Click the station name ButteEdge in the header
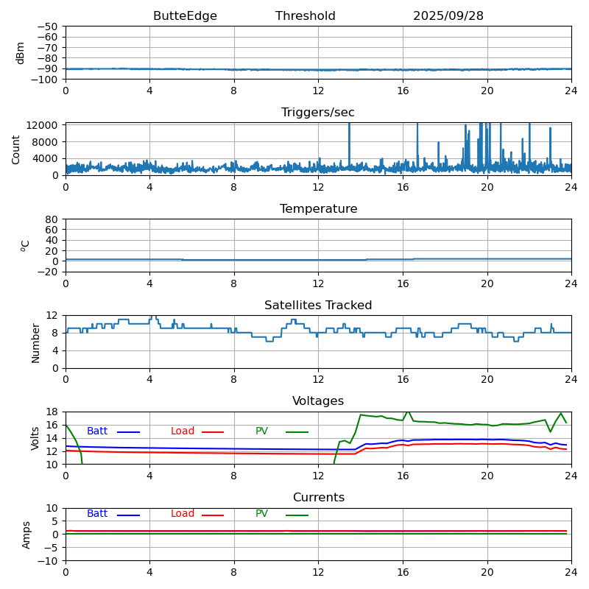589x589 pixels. (185, 16)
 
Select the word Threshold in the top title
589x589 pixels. (305, 16)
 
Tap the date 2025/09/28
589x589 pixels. (448, 16)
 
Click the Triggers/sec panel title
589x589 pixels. (318, 113)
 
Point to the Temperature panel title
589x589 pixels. (318, 209)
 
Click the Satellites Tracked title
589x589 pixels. (318, 306)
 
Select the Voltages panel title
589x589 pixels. (318, 401)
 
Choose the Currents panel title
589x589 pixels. (318, 498)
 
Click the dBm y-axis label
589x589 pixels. (21, 52)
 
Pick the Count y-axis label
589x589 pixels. (17, 149)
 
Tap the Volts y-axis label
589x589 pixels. (35, 438)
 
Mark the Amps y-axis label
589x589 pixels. (27, 535)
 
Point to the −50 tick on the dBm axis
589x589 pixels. (47, 27)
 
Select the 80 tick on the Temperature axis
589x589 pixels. (52, 219)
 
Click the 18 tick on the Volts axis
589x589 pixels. (52, 412)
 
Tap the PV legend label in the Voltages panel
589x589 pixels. (261, 431)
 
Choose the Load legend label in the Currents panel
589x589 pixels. (183, 514)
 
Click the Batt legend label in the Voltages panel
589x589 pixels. (97, 431)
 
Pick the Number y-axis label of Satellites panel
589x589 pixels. (35, 342)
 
